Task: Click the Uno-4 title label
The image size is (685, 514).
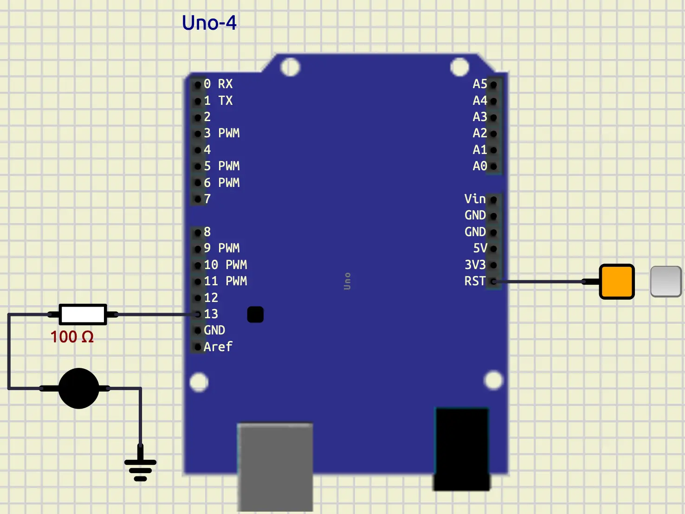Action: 209,23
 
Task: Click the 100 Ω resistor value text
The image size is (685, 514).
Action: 72,337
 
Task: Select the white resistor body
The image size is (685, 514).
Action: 83,315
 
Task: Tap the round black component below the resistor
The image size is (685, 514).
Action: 78,388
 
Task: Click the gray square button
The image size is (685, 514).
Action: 666,281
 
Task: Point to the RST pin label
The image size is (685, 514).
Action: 475,281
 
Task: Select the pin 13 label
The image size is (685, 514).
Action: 211,314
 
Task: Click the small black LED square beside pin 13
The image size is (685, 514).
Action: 255,315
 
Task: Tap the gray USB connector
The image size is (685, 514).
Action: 275,466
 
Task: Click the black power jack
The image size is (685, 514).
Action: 461,449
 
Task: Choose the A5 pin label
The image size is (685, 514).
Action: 480,84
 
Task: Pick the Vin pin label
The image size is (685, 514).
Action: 475,199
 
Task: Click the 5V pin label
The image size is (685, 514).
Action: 480,248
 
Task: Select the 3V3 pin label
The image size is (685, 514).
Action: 475,265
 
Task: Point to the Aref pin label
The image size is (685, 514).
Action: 218,347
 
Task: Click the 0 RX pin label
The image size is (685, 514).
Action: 218,84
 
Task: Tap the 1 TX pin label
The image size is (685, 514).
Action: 218,101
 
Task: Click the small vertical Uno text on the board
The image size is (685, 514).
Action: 347,281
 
